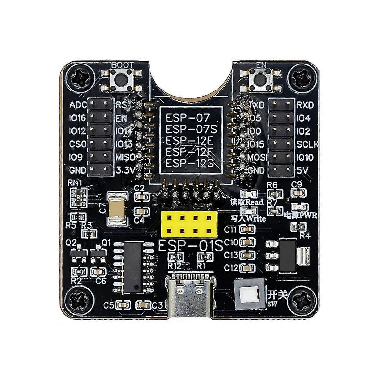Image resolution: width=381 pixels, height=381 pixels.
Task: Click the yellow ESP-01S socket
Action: (x=189, y=224)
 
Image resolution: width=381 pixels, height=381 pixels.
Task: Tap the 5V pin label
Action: (x=303, y=171)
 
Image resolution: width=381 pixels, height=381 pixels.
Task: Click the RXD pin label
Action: (x=305, y=105)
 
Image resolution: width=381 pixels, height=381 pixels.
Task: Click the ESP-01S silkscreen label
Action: (x=190, y=245)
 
